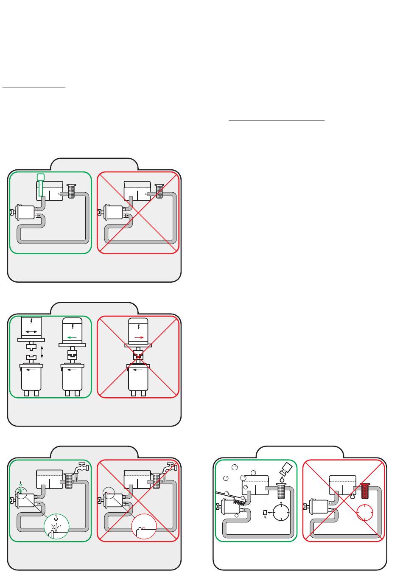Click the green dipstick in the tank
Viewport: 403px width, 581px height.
click(x=41, y=187)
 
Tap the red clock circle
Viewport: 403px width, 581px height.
click(x=365, y=513)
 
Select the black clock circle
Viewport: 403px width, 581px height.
click(x=280, y=513)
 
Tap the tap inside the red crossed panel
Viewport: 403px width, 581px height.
click(x=168, y=468)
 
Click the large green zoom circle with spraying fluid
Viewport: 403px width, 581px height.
click(x=56, y=526)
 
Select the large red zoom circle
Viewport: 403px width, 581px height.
click(x=144, y=526)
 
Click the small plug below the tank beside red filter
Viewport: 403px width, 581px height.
click(x=352, y=495)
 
